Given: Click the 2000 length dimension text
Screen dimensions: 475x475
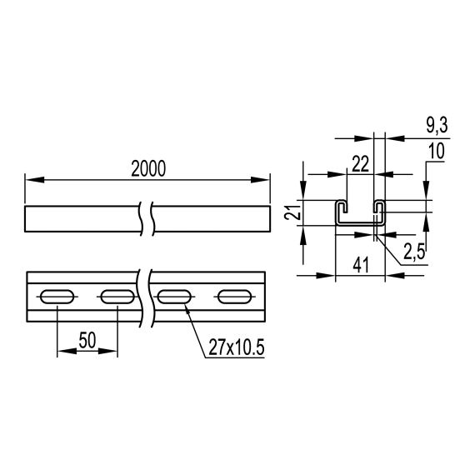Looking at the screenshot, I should point(147,167).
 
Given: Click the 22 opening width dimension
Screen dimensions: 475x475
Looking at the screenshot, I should point(360,164).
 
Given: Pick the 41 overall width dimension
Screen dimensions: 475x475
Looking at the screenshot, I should point(360,266).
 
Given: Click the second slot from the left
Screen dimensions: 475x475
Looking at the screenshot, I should point(116,296).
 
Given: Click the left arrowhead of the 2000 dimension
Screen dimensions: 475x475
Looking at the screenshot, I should point(31,178).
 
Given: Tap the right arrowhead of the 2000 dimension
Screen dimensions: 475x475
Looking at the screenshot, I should point(266,178).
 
